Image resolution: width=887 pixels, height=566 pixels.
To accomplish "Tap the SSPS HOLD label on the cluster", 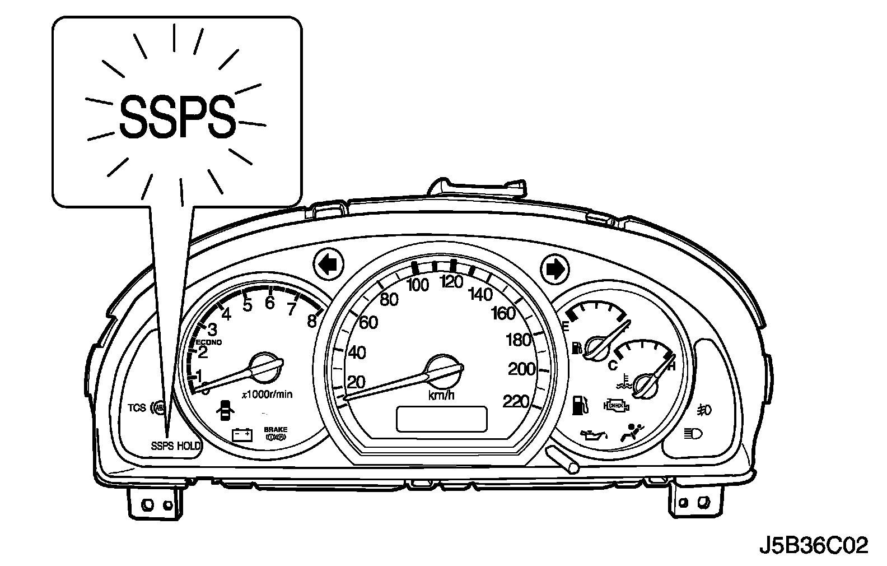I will tap(176, 446).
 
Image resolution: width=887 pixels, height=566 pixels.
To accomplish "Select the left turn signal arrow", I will tap(329, 265).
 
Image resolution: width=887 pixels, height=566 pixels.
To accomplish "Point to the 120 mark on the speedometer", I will tap(451, 282).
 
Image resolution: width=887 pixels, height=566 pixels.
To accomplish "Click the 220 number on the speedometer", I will tap(516, 402).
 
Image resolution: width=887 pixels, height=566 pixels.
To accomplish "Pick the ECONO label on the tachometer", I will tap(209, 342).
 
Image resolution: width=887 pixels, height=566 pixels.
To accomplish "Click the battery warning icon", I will tap(242, 434).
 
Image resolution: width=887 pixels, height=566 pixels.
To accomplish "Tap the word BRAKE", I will tap(276, 429).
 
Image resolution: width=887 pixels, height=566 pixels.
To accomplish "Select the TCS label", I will tap(137, 407).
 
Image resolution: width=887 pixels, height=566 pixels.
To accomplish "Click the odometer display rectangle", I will tap(441, 419).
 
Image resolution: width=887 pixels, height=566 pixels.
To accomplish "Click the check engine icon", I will tap(615, 404).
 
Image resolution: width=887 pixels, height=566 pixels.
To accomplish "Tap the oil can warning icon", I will tap(594, 434).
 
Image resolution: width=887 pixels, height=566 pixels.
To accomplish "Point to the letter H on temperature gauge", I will tap(672, 366).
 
